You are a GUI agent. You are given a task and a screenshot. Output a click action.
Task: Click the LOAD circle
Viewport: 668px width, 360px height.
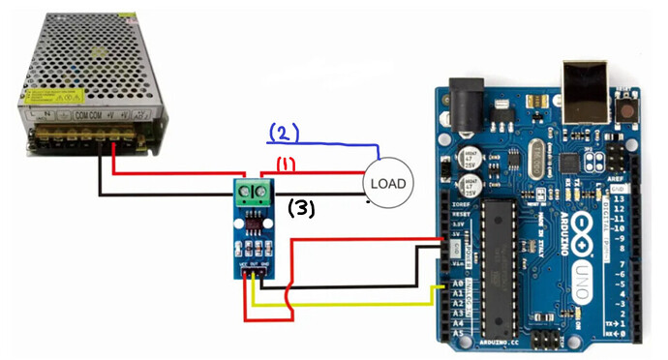tap(387, 183)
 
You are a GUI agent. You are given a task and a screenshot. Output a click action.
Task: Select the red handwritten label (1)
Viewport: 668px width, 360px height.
tap(286, 165)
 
